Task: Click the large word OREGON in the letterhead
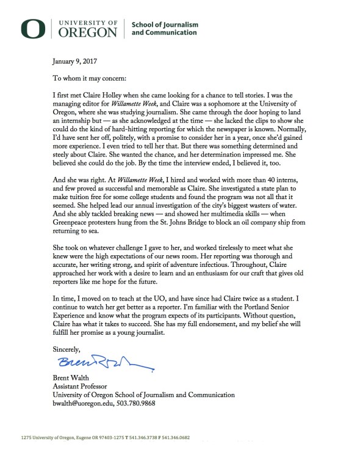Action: pos(87,29)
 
